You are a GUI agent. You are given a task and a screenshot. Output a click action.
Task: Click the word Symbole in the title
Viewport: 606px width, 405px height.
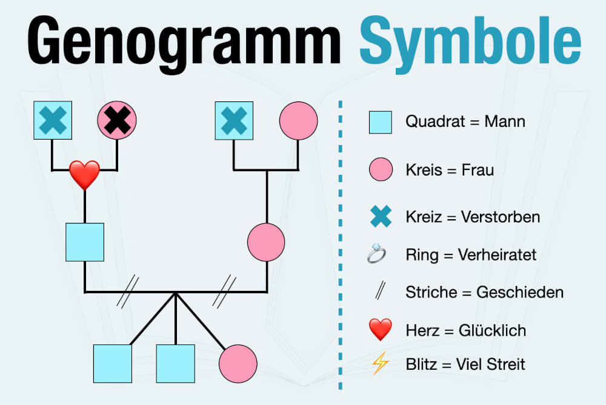470,41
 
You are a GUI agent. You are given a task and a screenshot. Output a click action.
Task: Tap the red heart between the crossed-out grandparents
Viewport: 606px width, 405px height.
84,174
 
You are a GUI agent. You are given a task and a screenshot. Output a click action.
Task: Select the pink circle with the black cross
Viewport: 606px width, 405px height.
117,120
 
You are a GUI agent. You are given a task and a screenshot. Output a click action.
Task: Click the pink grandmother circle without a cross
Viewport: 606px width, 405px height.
298,120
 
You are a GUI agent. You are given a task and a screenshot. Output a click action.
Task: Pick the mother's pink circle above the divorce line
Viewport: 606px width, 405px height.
266,242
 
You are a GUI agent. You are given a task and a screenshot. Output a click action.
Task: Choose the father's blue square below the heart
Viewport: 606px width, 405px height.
85,242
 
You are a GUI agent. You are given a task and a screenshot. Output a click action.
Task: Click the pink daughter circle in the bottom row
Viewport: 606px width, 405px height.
238,364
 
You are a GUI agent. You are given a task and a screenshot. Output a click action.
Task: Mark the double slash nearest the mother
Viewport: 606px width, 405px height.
224,291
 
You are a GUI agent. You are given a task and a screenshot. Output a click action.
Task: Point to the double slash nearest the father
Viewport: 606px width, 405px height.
128,291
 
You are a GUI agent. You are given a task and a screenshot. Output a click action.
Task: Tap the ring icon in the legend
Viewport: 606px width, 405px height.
377,254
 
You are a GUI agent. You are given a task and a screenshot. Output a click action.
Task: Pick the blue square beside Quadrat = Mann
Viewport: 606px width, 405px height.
381,122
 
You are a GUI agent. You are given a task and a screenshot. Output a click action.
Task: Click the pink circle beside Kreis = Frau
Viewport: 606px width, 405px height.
381,170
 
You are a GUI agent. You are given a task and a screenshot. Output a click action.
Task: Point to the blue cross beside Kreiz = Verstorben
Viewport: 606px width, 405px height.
381,217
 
